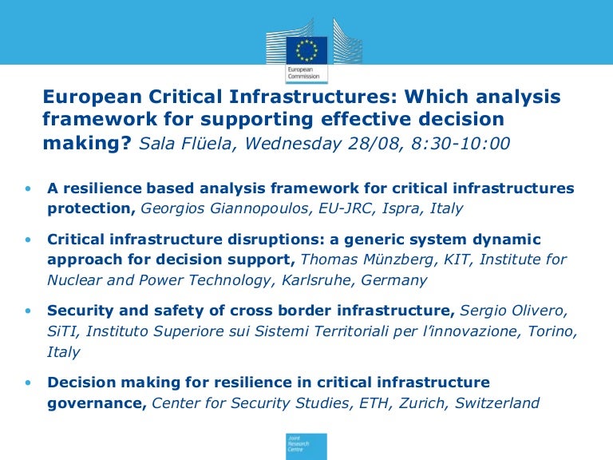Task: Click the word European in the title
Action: pos(92,97)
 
